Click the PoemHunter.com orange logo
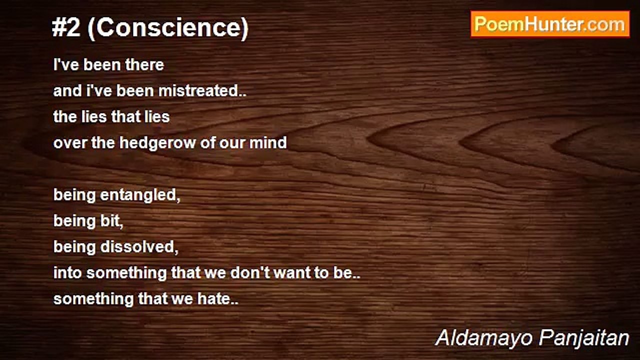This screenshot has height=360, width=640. [x=550, y=24]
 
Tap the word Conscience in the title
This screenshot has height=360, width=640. [x=168, y=28]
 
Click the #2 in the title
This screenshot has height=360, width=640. [x=66, y=28]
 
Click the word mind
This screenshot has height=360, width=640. [x=268, y=142]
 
